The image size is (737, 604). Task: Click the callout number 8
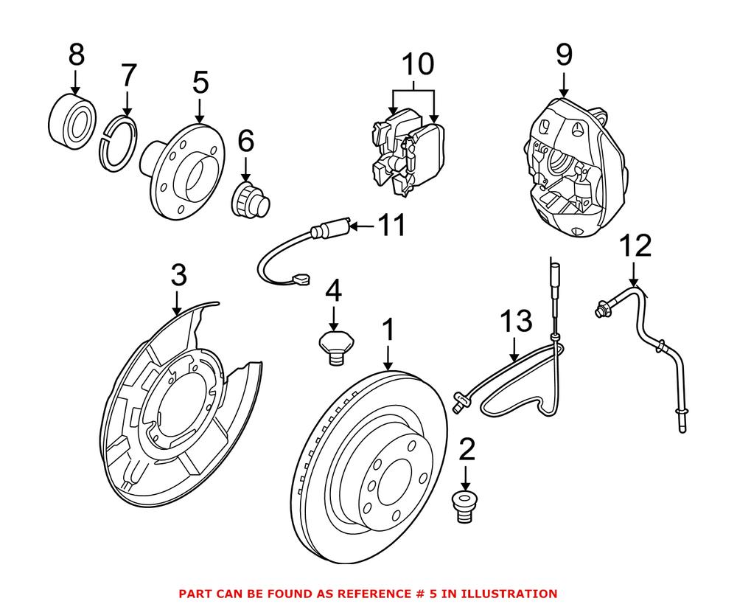tap(76, 55)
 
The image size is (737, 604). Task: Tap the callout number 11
tap(391, 226)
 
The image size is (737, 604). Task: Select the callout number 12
tap(635, 246)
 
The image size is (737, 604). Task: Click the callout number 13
tap(515, 322)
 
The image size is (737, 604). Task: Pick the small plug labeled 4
tap(334, 346)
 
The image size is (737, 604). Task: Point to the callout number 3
tap(178, 277)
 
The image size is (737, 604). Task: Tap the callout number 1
tap(388, 331)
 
